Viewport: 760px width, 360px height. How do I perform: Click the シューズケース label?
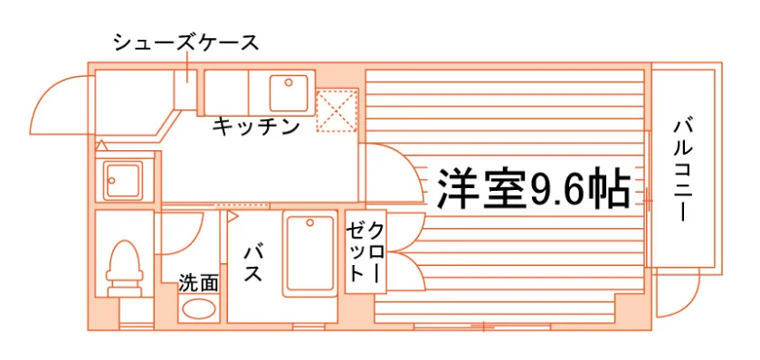coord(186,43)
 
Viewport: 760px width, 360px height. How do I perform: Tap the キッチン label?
coord(255,127)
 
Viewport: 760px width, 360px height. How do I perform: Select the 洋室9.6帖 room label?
coord(533,188)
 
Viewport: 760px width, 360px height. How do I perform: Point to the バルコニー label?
coord(682,171)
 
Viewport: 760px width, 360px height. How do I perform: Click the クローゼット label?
coord(366,252)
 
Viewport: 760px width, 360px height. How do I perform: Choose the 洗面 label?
coord(198,283)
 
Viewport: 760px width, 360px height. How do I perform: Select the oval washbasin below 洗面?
coord(198,308)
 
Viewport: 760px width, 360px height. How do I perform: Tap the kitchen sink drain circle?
coord(289,82)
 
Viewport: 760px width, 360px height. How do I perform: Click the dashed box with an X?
coord(337,110)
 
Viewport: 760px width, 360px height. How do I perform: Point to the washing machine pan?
coord(124,180)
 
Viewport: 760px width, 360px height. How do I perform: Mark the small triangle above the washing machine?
coord(100,145)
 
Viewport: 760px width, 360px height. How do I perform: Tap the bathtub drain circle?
coord(309,223)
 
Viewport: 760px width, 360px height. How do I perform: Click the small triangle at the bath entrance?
coord(232,216)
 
